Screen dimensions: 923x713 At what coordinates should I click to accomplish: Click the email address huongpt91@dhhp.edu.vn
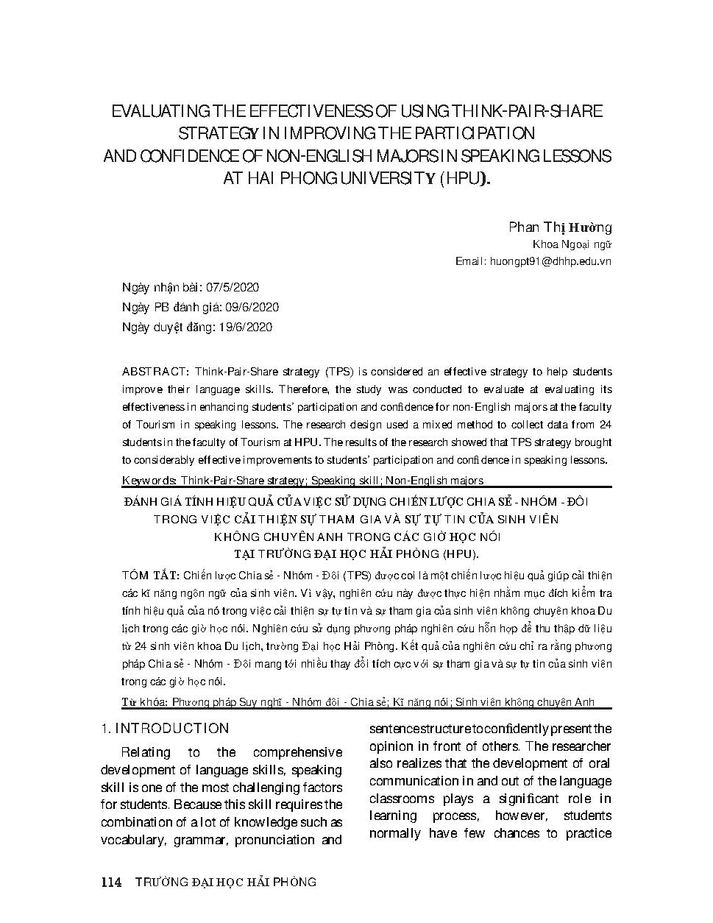click(550, 261)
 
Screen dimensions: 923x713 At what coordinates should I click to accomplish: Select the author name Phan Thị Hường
click(560, 227)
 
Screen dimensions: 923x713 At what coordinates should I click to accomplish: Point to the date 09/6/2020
click(252, 308)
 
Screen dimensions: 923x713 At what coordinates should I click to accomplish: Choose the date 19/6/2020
click(246, 328)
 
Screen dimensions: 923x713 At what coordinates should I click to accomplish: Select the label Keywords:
click(149, 481)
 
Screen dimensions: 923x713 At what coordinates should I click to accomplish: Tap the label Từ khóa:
click(144, 702)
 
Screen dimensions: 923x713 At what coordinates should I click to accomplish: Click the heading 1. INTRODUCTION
click(165, 729)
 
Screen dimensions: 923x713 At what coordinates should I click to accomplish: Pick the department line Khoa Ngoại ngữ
click(572, 245)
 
